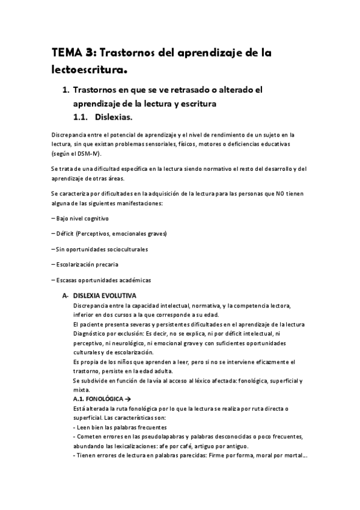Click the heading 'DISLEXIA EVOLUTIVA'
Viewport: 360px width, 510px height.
tap(105, 296)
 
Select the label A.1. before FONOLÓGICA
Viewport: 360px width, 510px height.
tap(78, 399)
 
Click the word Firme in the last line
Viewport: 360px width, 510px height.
tap(206, 456)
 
